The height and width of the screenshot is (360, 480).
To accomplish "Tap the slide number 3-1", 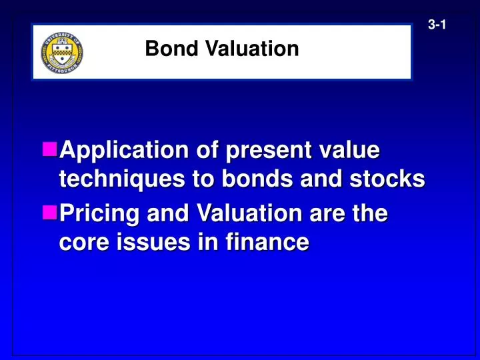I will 437,25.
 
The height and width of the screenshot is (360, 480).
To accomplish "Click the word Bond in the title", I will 163,49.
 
